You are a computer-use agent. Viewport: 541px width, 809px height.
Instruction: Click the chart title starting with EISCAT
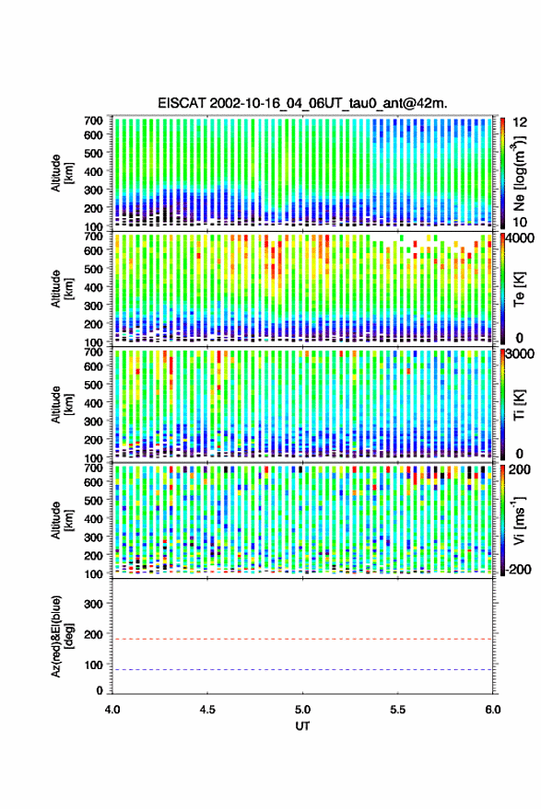point(302,103)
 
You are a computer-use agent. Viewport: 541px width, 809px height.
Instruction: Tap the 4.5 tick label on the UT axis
point(207,710)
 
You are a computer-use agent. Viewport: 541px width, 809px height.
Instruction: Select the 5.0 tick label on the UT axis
point(302,710)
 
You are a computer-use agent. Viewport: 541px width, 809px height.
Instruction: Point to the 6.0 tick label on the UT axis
point(492,710)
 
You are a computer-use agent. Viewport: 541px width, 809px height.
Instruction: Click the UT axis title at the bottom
point(302,726)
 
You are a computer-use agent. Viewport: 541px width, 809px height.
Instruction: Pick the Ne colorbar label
point(519,173)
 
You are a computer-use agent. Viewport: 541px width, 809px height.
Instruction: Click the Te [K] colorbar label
point(519,289)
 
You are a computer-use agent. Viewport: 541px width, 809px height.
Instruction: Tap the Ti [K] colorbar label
point(519,405)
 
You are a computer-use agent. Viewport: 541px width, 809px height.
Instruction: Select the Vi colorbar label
point(519,520)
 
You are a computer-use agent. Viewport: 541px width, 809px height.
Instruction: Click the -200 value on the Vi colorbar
point(518,570)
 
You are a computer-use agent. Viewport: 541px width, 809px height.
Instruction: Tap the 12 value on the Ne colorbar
point(520,122)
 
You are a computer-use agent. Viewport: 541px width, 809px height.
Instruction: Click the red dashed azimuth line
point(302,639)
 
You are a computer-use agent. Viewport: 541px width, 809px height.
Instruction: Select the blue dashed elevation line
point(302,670)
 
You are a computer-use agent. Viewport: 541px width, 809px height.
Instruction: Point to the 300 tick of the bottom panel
point(93,604)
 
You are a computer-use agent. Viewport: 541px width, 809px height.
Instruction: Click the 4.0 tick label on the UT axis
point(112,710)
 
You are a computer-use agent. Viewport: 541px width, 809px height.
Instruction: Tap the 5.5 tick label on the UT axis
point(397,710)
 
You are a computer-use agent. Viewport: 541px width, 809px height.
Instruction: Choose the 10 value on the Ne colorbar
point(520,222)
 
